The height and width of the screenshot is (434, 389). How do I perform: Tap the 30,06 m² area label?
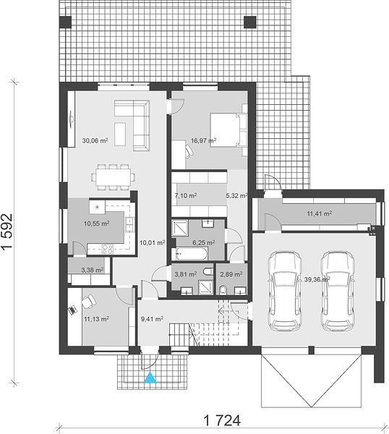pyautogui.click(x=95, y=140)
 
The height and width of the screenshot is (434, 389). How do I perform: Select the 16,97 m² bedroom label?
pyautogui.click(x=203, y=141)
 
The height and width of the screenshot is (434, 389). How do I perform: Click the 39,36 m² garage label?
pyautogui.click(x=317, y=279)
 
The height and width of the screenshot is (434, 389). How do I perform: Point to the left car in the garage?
pyautogui.click(x=284, y=292)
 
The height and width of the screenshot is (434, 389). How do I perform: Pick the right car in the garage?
pyautogui.click(x=338, y=292)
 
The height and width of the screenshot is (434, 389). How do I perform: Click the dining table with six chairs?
pyautogui.click(x=114, y=177)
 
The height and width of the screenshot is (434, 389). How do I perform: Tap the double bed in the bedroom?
pyautogui.click(x=228, y=129)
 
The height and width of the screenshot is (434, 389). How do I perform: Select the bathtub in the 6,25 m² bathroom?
pyautogui.click(x=191, y=254)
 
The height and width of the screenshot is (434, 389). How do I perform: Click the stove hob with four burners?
pyautogui.click(x=107, y=249)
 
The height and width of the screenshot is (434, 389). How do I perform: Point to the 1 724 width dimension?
pyautogui.click(x=222, y=421)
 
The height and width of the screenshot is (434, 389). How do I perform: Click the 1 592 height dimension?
pyautogui.click(x=7, y=232)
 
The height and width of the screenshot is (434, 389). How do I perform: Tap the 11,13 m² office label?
pyautogui.click(x=96, y=319)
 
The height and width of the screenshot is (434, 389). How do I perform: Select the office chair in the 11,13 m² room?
pyautogui.click(x=88, y=302)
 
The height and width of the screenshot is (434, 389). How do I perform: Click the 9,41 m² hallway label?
pyautogui.click(x=152, y=319)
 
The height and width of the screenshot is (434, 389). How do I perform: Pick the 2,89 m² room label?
pyautogui.click(x=231, y=275)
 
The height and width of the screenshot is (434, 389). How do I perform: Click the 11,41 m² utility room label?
pyautogui.click(x=320, y=213)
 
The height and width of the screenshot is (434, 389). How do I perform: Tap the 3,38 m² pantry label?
pyautogui.click(x=93, y=270)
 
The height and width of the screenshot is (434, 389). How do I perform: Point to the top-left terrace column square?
pyautogui.click(x=66, y=22)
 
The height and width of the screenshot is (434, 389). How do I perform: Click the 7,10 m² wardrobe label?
pyautogui.click(x=186, y=196)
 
